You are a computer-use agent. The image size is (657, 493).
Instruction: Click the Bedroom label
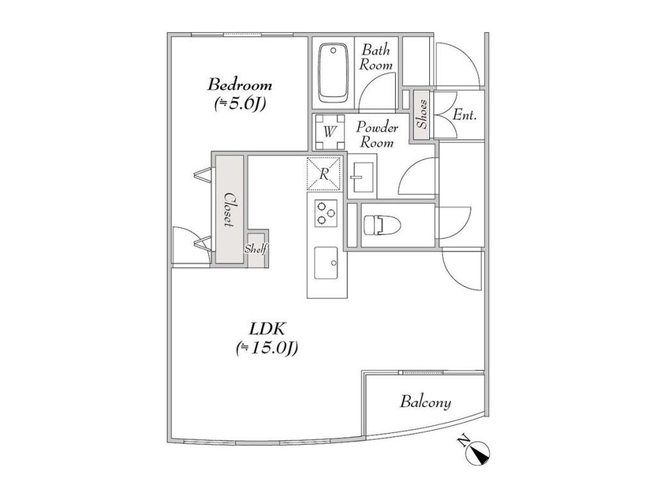[x=240, y=85]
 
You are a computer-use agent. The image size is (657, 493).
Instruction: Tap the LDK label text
[x=267, y=329]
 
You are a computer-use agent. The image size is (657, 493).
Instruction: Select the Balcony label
[x=425, y=402]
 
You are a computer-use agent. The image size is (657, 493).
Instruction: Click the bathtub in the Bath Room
[x=333, y=73]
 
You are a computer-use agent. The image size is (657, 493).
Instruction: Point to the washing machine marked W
[x=329, y=132]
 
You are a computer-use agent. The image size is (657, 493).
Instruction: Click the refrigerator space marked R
[x=323, y=174]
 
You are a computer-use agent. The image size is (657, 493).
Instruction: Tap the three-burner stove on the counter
[x=326, y=212]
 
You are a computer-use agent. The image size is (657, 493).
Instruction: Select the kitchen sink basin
[x=326, y=263]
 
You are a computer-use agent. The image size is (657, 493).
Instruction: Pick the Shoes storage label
[x=422, y=114]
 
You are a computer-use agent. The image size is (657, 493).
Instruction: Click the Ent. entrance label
[x=465, y=114]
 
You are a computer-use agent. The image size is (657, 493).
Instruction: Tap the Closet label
[x=229, y=210]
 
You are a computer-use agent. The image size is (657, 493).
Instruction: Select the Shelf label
[x=256, y=248]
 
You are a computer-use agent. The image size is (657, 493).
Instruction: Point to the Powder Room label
[x=377, y=135]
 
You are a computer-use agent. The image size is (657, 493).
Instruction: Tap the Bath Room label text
[x=376, y=57]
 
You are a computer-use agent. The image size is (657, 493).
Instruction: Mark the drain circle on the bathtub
[x=333, y=50]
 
